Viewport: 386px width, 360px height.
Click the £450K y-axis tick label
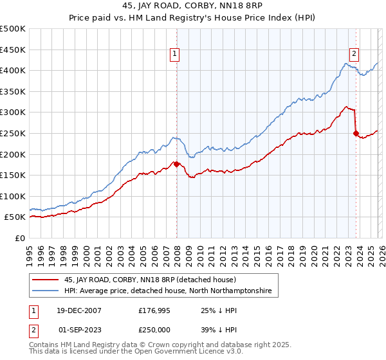[x=13, y=50]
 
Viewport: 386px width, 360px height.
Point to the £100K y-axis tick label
[x=13, y=196]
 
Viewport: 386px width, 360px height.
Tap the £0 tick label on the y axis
[x=20, y=238]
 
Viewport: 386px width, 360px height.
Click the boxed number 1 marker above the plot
[x=175, y=54]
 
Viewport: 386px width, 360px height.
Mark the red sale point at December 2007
[x=177, y=164]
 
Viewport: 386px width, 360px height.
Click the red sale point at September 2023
[x=356, y=134]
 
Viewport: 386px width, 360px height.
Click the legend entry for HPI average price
[x=167, y=291]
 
